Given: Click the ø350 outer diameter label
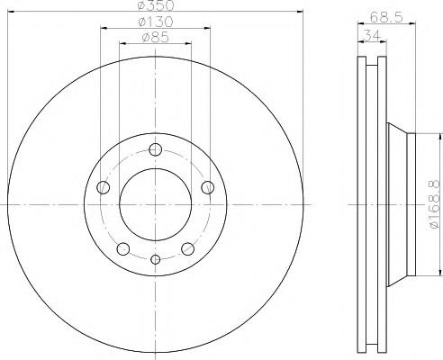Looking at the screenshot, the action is (x=155, y=4).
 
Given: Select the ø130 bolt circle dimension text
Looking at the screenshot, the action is (x=155, y=22).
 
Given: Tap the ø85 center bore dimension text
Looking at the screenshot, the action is (x=155, y=37).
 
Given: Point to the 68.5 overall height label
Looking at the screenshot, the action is (x=385, y=17).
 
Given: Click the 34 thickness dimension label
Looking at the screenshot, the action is (x=372, y=35).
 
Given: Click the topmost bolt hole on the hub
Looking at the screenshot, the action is (x=155, y=149).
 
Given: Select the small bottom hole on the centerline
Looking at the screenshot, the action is (x=155, y=259).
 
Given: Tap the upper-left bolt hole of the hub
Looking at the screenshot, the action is (x=103, y=187).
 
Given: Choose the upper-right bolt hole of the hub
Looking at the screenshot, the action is (x=207, y=187).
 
